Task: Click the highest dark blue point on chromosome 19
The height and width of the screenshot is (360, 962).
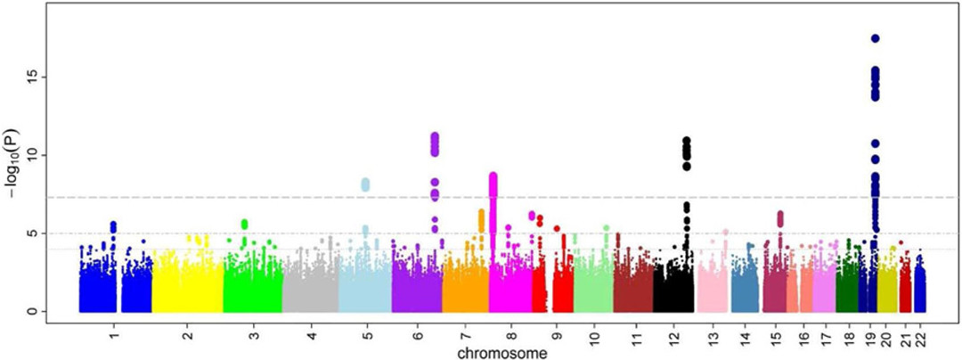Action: pyautogui.click(x=875, y=38)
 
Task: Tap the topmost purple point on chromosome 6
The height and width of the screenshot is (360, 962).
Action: pyautogui.click(x=435, y=136)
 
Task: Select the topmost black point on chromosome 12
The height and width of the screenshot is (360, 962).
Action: pyautogui.click(x=687, y=141)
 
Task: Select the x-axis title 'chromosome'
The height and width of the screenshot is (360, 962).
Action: pyautogui.click(x=502, y=354)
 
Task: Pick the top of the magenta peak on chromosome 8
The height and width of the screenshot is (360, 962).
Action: pyautogui.click(x=493, y=176)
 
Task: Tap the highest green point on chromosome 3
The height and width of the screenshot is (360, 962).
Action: pyautogui.click(x=244, y=223)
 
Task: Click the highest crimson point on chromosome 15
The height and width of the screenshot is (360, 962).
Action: pyautogui.click(x=779, y=214)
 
